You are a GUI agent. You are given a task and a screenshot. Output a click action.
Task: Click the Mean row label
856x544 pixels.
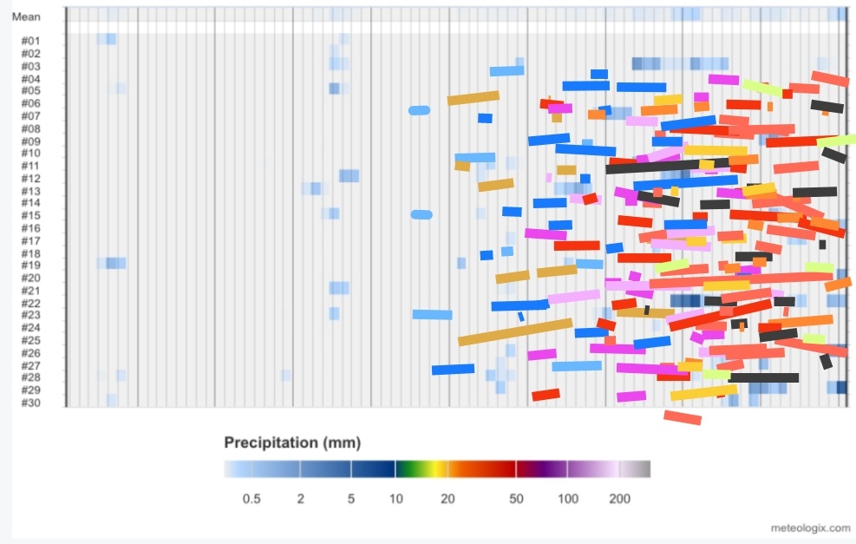pos(26,17)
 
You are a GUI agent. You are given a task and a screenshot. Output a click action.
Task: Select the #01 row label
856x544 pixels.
pos(30,41)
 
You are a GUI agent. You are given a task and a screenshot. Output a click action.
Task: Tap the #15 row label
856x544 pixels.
pos(30,216)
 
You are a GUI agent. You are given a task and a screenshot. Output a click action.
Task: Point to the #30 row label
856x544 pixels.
pos(30,403)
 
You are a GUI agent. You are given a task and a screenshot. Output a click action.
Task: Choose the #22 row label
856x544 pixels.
pos(30,303)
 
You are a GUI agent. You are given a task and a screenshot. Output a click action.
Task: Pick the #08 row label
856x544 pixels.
pos(30,129)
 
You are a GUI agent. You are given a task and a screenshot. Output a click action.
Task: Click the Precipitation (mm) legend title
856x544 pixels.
pos(292,442)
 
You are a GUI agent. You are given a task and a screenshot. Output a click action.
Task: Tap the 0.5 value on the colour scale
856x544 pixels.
pos(252,499)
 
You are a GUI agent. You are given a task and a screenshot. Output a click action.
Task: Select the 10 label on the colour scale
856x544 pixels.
pos(396,499)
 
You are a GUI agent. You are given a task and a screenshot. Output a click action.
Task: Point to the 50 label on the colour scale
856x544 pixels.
pos(516,499)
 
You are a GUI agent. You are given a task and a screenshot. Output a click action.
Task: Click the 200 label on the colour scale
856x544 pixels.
pos(619,499)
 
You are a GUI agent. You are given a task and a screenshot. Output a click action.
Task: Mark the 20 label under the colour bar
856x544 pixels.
pos(448,499)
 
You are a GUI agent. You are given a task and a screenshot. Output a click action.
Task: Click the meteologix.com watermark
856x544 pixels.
pos(811,528)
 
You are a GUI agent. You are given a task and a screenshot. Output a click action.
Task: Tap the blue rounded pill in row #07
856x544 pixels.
pos(419,110)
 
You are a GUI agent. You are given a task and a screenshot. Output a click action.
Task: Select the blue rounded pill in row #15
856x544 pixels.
pos(421,214)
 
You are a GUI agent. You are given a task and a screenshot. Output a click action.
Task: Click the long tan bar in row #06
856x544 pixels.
pos(474,98)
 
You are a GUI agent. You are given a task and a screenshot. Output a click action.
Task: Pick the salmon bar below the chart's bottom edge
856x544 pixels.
pos(683,418)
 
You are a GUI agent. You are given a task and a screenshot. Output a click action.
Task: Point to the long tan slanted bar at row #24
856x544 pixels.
pos(515,332)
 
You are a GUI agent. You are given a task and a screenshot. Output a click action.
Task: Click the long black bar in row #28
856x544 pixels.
pos(763,377)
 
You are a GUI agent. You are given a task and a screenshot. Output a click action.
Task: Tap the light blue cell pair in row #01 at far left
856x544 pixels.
pos(106,39)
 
